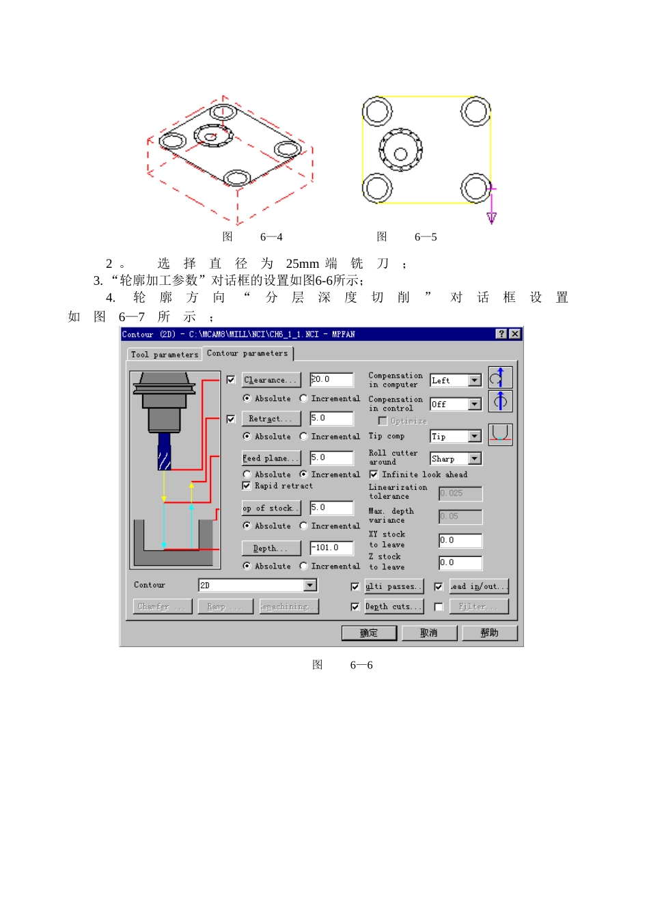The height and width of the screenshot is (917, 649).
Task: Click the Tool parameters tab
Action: [164, 355]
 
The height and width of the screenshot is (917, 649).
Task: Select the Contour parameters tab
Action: [247, 353]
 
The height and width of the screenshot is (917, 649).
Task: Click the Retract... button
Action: [271, 419]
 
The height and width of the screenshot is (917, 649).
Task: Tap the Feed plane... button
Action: [271, 458]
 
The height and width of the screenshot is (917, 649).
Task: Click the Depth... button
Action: [271, 548]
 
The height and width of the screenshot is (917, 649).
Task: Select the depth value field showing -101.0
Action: [331, 548]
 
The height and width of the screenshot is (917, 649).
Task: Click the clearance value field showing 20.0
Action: [331, 379]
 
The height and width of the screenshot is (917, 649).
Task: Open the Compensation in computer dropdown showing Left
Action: [474, 381]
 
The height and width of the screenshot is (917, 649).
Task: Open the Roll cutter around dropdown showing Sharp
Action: [474, 458]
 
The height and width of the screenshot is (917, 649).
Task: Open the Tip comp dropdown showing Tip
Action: [474, 437]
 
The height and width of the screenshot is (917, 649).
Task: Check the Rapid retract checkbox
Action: [247, 486]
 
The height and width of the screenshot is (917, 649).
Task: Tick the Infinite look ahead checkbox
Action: [374, 474]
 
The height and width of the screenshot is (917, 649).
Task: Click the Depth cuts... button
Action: [393, 607]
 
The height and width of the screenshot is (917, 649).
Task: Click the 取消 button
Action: [429, 633]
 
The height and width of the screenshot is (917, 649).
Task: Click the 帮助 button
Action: [489, 633]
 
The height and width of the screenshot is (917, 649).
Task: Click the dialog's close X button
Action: [514, 334]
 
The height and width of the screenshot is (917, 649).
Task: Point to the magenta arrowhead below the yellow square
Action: [491, 218]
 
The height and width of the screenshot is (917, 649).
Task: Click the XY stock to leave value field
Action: [460, 540]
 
